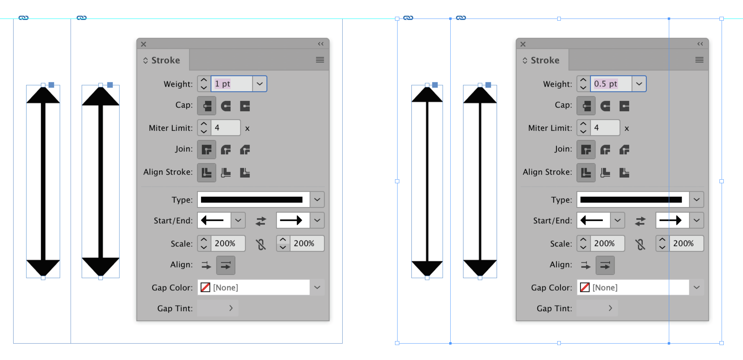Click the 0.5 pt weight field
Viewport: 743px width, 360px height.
pyautogui.click(x=611, y=84)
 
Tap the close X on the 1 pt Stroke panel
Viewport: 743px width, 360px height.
pyautogui.click(x=144, y=44)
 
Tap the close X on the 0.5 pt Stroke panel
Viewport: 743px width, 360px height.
pyautogui.click(x=523, y=44)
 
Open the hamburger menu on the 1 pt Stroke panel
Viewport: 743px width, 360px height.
pyautogui.click(x=320, y=60)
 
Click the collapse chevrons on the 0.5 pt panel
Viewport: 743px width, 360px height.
pyautogui.click(x=700, y=44)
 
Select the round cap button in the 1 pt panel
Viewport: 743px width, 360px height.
pyautogui.click(x=226, y=106)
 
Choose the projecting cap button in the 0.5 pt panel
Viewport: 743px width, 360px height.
pyautogui.click(x=624, y=106)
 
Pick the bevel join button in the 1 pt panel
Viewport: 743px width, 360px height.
pyautogui.click(x=245, y=150)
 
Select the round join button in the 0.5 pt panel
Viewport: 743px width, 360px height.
pyautogui.click(x=605, y=150)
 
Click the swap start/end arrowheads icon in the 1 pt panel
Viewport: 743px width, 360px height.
pyautogui.click(x=261, y=221)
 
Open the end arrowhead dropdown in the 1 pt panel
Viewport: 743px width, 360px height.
pyautogui.click(x=317, y=221)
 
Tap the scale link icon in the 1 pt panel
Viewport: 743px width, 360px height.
pyautogui.click(x=261, y=245)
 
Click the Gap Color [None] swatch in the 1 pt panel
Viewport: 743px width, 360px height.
pyautogui.click(x=205, y=288)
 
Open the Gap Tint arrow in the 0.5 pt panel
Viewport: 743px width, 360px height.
pyautogui.click(x=610, y=308)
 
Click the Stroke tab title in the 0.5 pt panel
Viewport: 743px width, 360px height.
pyautogui.click(x=545, y=60)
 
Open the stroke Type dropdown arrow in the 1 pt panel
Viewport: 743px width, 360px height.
pyautogui.click(x=317, y=200)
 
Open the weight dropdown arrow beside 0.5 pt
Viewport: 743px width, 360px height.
pyautogui.click(x=639, y=84)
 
